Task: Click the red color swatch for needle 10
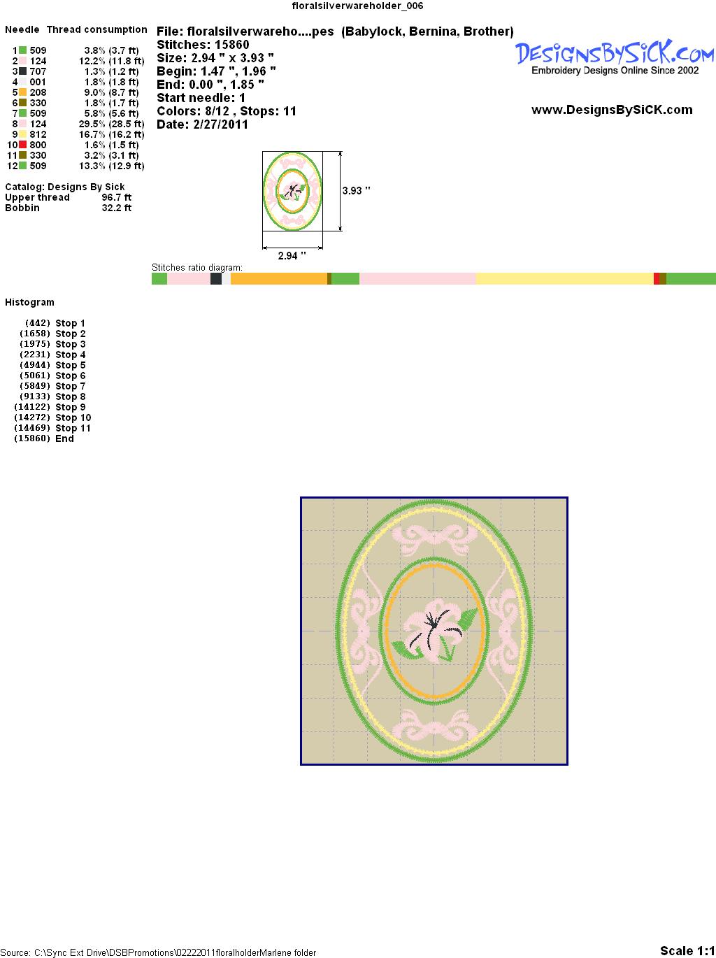tap(22, 145)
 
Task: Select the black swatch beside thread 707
tap(22, 71)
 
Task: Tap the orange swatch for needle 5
tap(22, 92)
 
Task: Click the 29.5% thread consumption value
tap(92, 124)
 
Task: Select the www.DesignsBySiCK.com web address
tap(612, 110)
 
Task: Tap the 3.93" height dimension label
tap(356, 191)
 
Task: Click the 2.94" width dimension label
tap(292, 255)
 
